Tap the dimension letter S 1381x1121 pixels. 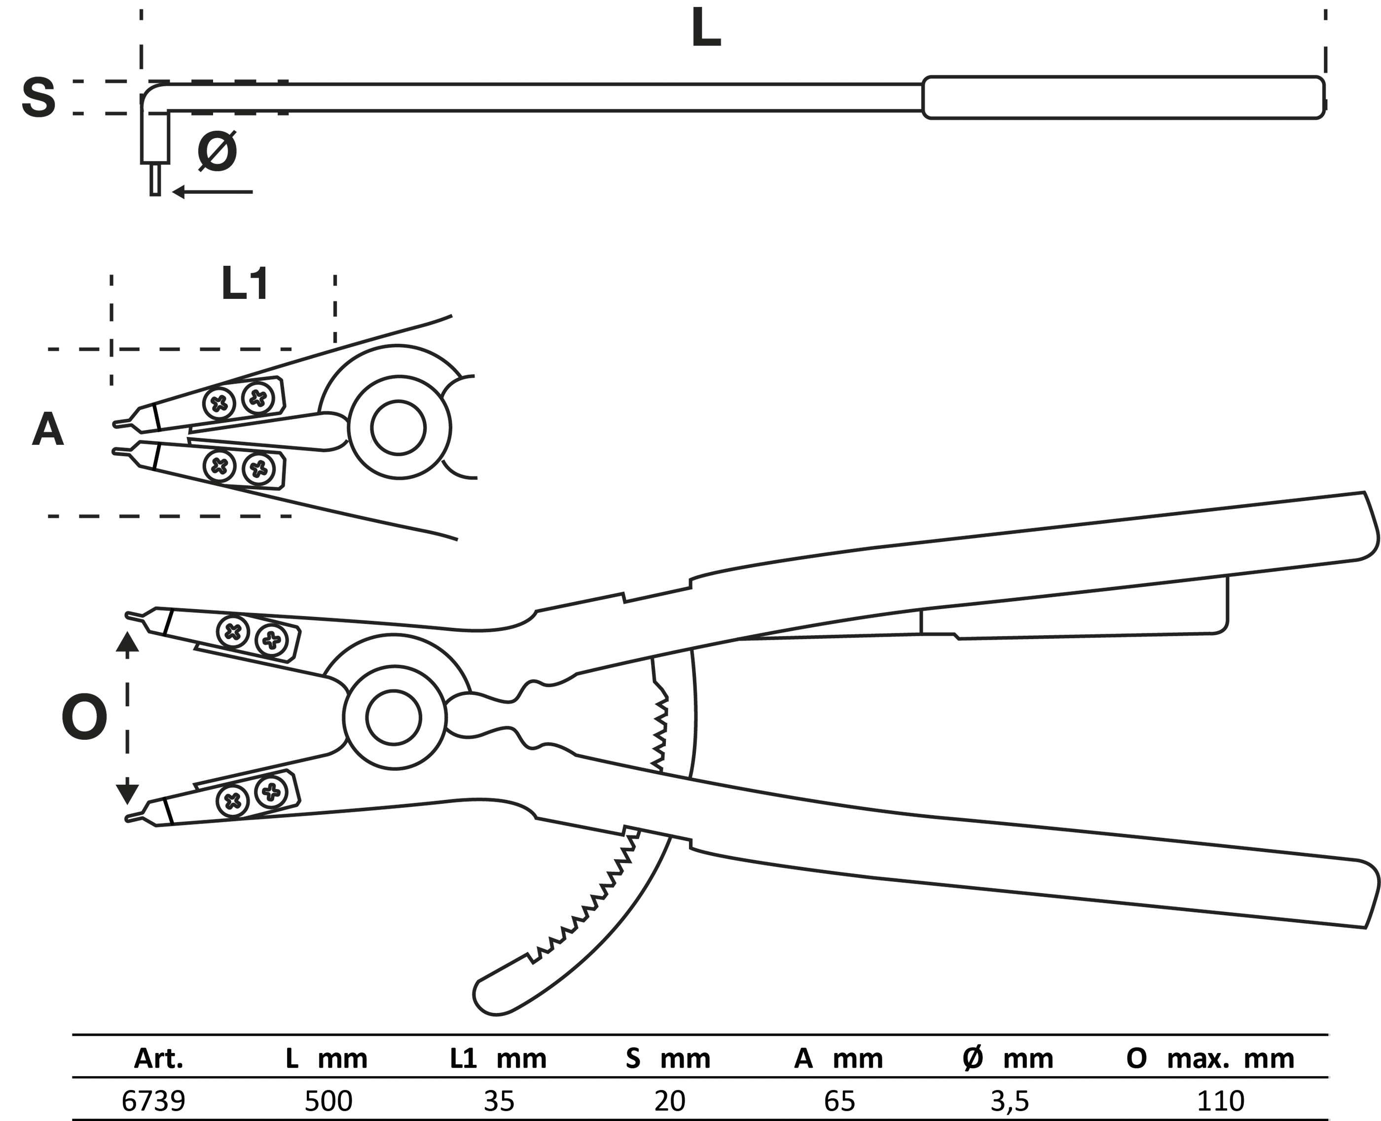(38, 98)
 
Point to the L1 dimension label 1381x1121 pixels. (245, 284)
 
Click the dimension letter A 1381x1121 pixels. (48, 430)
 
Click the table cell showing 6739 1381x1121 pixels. (154, 1100)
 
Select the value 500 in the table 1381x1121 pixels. (328, 1100)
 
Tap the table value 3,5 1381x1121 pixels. (1010, 1100)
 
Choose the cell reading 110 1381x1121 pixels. (1220, 1100)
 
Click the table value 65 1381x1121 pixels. (839, 1100)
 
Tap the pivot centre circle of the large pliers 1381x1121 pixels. (394, 718)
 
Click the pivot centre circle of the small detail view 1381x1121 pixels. (399, 428)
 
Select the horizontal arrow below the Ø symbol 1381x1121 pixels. (213, 192)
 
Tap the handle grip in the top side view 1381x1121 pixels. (1124, 98)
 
